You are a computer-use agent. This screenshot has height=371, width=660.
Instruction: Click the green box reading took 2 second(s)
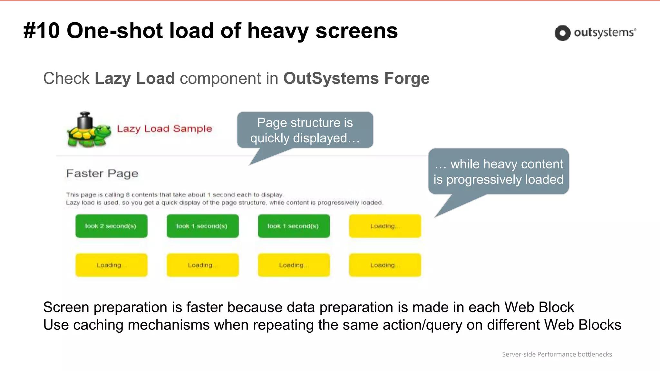[x=111, y=226]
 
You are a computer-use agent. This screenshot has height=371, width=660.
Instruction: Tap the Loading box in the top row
[x=385, y=226]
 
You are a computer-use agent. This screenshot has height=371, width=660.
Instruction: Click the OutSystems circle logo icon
[x=562, y=33]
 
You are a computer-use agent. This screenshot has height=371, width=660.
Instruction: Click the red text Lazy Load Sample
[x=164, y=128]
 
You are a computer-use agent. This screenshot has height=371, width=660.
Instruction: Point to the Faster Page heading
[x=102, y=174]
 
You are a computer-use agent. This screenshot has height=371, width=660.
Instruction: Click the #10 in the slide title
[x=42, y=31]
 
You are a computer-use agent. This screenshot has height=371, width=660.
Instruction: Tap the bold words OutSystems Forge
[x=356, y=78]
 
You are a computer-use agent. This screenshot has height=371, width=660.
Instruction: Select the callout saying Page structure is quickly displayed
[x=305, y=130]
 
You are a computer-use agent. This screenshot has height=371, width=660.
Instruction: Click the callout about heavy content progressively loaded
[x=498, y=172]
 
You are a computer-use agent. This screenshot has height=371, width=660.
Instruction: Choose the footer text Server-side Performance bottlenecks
[x=557, y=354]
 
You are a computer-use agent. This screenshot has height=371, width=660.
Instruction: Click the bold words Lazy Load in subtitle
[x=135, y=78]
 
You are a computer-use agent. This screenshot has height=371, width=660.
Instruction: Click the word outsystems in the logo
[x=604, y=33]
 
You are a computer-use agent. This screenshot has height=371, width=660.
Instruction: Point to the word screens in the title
[x=356, y=31]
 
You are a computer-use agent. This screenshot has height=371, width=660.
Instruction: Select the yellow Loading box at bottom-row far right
[x=385, y=265]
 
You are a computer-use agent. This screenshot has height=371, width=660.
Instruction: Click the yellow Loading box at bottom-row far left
[x=111, y=265]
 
